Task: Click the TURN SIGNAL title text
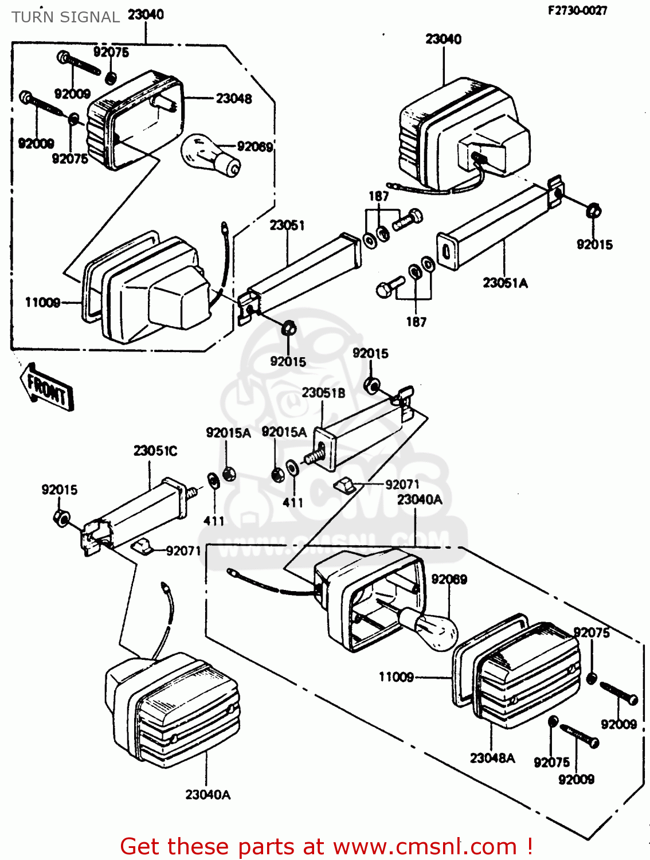coord(65,17)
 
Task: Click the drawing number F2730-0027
coord(577,10)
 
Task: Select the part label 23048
coord(233,99)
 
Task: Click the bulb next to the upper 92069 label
coord(210,154)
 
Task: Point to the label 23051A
coord(505,283)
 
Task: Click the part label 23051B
coord(323,393)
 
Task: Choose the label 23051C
coord(155,451)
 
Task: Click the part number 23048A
coord(492,758)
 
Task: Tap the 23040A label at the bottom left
coord(207,795)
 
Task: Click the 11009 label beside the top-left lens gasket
coord(42,302)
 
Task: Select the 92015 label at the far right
coord(594,245)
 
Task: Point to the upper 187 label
coord(378,196)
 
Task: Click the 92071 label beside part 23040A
coord(402,484)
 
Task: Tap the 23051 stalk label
coord(287,225)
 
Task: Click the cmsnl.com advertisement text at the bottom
coord(327,846)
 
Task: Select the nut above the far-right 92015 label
coord(593,211)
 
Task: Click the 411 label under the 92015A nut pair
coord(292,502)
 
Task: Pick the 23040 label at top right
coord(443,39)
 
